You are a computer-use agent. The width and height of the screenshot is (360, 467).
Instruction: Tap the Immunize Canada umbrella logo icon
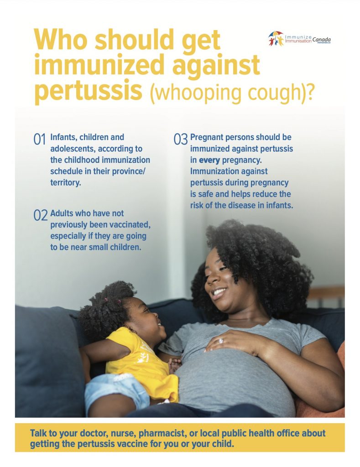[x=276, y=39]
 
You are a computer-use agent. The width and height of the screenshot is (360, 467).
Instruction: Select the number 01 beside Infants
[x=39, y=139]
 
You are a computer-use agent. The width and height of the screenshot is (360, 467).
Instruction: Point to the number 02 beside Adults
[x=40, y=215]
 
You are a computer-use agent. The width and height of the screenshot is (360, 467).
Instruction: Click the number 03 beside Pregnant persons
[x=181, y=139]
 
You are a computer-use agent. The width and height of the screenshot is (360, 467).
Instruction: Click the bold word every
[x=209, y=160]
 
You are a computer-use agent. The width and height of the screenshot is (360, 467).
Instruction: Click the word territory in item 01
[x=65, y=182]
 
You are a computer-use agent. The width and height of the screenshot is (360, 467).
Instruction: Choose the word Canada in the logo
[x=321, y=40]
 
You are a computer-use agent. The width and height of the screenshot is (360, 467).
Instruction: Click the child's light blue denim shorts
[x=116, y=390]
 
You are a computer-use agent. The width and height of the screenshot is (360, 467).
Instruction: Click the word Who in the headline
[x=61, y=40]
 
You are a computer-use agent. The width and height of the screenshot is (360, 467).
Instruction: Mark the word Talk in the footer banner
[x=39, y=433]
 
